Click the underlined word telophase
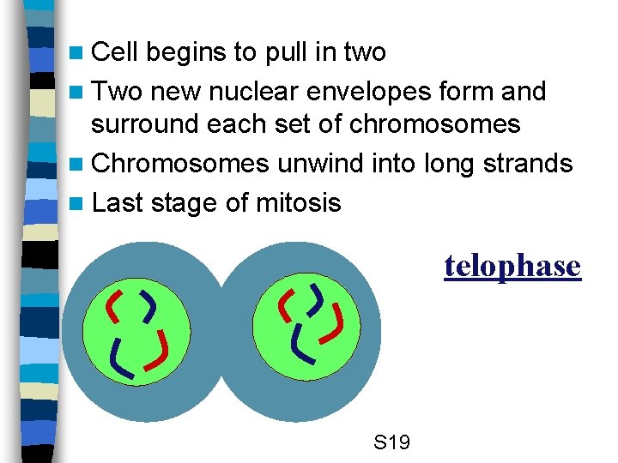coord(512,267)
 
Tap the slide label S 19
coord(392,443)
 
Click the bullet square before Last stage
coord(78,204)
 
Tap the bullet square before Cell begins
coord(78,53)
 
